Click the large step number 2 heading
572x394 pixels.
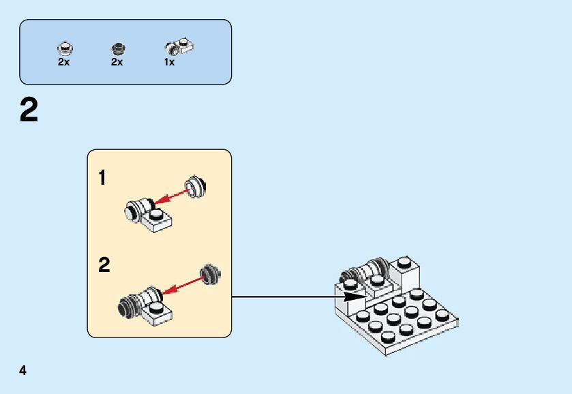point(29,110)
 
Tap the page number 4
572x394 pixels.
point(23,371)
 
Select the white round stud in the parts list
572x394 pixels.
point(64,48)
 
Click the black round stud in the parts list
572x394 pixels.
point(117,48)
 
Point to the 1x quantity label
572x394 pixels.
point(169,62)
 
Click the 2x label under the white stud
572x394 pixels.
point(63,62)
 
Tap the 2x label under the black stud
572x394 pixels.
point(117,62)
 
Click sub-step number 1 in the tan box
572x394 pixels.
point(102,179)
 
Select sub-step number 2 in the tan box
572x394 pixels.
point(104,264)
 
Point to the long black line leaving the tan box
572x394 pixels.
point(286,297)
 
